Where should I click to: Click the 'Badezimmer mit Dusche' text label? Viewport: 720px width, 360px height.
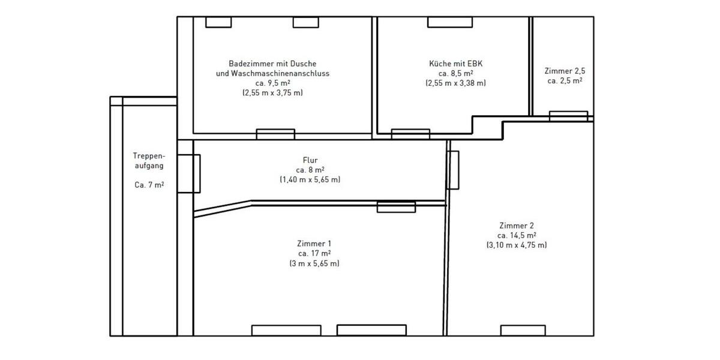[272, 64]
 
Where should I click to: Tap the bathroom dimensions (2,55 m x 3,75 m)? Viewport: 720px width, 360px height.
[272, 93]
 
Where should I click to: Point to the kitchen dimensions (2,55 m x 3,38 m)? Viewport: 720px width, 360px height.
[455, 83]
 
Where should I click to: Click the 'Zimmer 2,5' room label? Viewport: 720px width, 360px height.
[564, 70]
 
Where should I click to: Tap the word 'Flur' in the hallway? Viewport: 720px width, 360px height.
[310, 160]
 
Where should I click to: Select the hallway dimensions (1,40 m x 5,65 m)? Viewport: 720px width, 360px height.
[310, 179]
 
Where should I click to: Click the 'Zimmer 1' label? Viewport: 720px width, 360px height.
[314, 244]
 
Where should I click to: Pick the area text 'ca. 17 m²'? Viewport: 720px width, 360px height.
[314, 253]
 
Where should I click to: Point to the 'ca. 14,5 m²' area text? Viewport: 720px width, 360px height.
[517, 235]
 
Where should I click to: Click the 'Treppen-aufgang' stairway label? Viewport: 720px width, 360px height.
[148, 160]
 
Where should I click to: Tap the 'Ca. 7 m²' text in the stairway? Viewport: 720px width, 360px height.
[149, 185]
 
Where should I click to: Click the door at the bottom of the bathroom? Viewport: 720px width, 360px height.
[275, 134]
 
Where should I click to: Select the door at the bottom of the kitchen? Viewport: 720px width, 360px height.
[410, 134]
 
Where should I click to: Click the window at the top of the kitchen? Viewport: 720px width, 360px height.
[446, 22]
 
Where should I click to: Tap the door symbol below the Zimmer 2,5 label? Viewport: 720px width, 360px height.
[568, 116]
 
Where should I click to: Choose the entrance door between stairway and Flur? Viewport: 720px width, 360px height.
[189, 173]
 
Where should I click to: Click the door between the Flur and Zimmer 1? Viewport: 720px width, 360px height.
[396, 207]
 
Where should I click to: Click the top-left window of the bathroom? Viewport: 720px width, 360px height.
[218, 22]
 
